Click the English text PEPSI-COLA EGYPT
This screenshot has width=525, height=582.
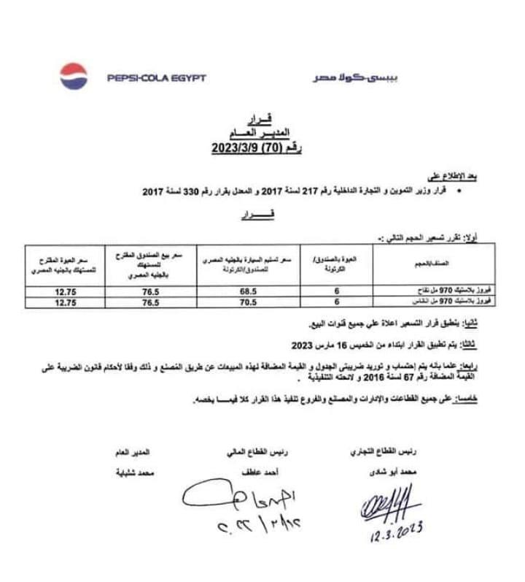(x=156, y=78)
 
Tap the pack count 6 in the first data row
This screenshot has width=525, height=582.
(x=336, y=290)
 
